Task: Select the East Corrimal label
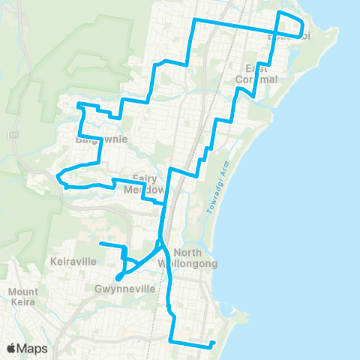pos(256,73)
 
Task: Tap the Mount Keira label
pos(26,297)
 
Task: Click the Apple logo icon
pos(12,348)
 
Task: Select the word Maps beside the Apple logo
pos(34,348)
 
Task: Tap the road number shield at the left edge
pos(13,134)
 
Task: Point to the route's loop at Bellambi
pos(291,24)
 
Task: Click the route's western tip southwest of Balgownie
pos(57,176)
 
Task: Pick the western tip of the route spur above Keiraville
pos(100,244)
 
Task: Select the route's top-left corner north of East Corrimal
pos(195,20)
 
